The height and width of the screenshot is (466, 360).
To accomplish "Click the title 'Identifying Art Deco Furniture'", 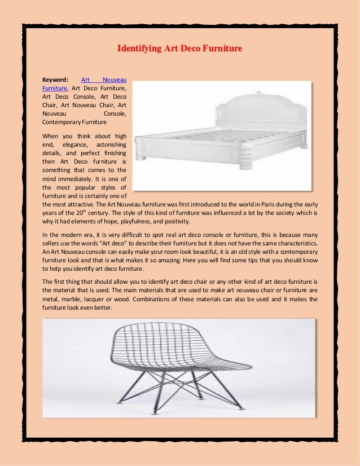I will (179, 49).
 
